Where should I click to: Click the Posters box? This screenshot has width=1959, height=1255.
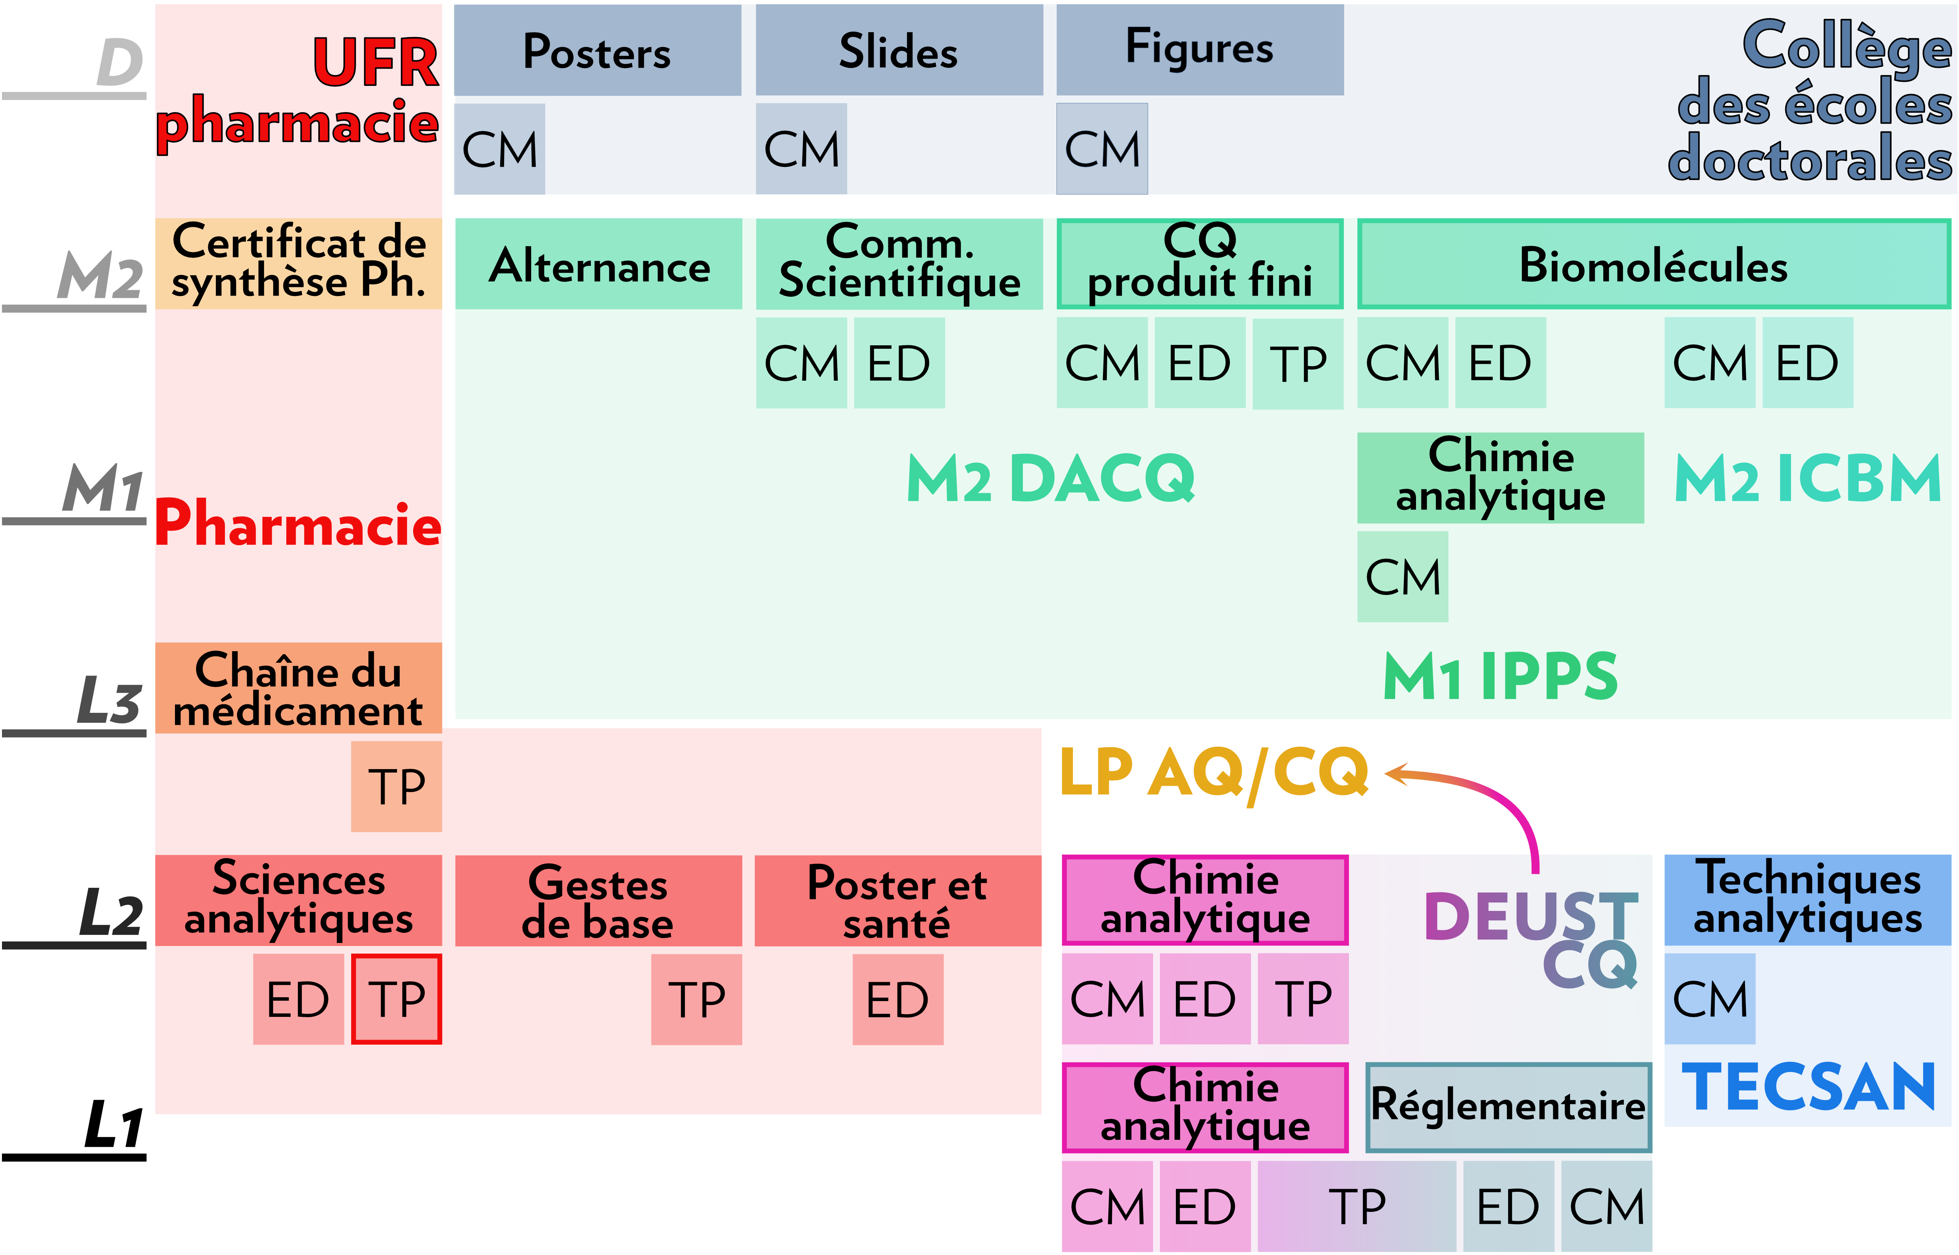[597, 50]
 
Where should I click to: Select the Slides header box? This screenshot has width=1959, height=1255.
[899, 50]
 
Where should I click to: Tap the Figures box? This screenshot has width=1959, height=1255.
[1199, 50]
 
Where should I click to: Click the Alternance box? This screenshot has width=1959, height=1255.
[598, 264]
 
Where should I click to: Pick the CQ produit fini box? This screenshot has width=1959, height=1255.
[1199, 264]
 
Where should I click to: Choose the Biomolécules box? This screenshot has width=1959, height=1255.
[1653, 264]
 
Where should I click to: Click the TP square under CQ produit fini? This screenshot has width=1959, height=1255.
[1297, 363]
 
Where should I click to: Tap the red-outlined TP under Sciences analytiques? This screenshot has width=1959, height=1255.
[396, 999]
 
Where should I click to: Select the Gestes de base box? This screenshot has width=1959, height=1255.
[598, 901]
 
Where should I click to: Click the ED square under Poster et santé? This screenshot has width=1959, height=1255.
[898, 999]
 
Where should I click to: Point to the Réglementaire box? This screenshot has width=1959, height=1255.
[1508, 1107]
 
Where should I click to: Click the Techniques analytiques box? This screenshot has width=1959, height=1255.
[1808, 900]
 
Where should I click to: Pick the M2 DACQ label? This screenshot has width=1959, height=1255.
[1051, 478]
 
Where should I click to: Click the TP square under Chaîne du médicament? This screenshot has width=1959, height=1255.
[396, 786]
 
